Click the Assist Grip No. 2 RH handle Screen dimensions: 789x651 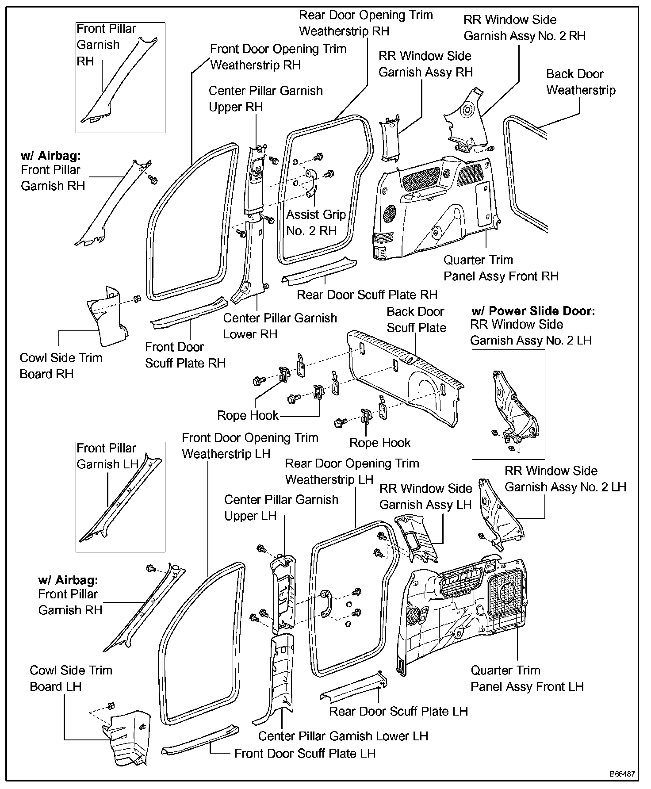pyautogui.click(x=309, y=181)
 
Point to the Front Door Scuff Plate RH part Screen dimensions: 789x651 pyautogui.click(x=188, y=313)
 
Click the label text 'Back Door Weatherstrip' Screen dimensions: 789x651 pyautogui.click(x=580, y=82)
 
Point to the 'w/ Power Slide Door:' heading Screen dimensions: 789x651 pyautogui.click(x=533, y=311)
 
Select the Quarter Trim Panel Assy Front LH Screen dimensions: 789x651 pyautogui.click(x=464, y=615)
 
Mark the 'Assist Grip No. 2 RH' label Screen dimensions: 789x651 pyautogui.click(x=315, y=223)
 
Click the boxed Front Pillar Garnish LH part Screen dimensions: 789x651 pyautogui.click(x=119, y=504)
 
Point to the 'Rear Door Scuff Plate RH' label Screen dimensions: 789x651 pyautogui.click(x=367, y=295)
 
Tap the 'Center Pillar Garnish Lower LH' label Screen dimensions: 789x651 pyautogui.click(x=343, y=736)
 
